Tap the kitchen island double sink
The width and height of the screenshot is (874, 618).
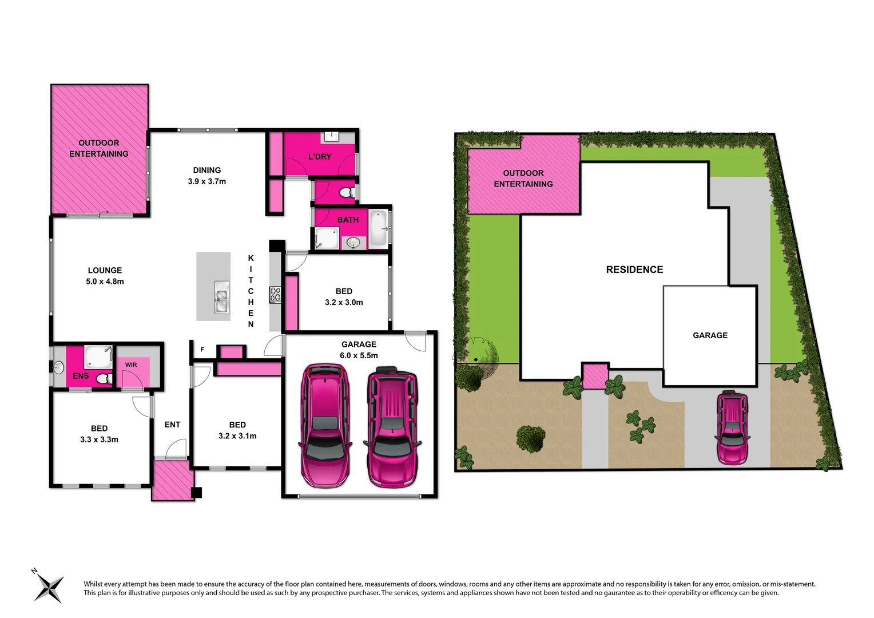(x=221, y=298)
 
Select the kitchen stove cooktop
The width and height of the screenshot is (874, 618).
(x=276, y=295)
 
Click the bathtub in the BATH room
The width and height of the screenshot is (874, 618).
(x=378, y=229)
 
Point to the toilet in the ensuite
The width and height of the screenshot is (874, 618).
(x=104, y=379)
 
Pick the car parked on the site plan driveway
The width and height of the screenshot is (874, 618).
(x=732, y=427)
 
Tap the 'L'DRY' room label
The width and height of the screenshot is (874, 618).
(x=320, y=157)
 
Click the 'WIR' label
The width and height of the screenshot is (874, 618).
(x=131, y=365)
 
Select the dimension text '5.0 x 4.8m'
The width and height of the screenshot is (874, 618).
(x=105, y=282)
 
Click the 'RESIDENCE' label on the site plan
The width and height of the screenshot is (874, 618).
(x=634, y=270)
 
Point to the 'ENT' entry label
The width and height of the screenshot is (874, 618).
(x=172, y=425)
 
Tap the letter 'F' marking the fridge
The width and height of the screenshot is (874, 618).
(x=202, y=350)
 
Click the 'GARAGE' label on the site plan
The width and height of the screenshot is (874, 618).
(x=710, y=335)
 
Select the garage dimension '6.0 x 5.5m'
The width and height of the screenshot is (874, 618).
(x=359, y=355)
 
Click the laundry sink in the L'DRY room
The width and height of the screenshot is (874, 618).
(x=332, y=136)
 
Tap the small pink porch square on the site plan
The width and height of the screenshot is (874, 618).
(x=595, y=376)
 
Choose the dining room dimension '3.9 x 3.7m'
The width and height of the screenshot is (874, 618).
(x=206, y=181)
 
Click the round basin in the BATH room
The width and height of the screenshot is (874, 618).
(x=353, y=243)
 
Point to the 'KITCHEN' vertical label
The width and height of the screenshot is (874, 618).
(x=251, y=291)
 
